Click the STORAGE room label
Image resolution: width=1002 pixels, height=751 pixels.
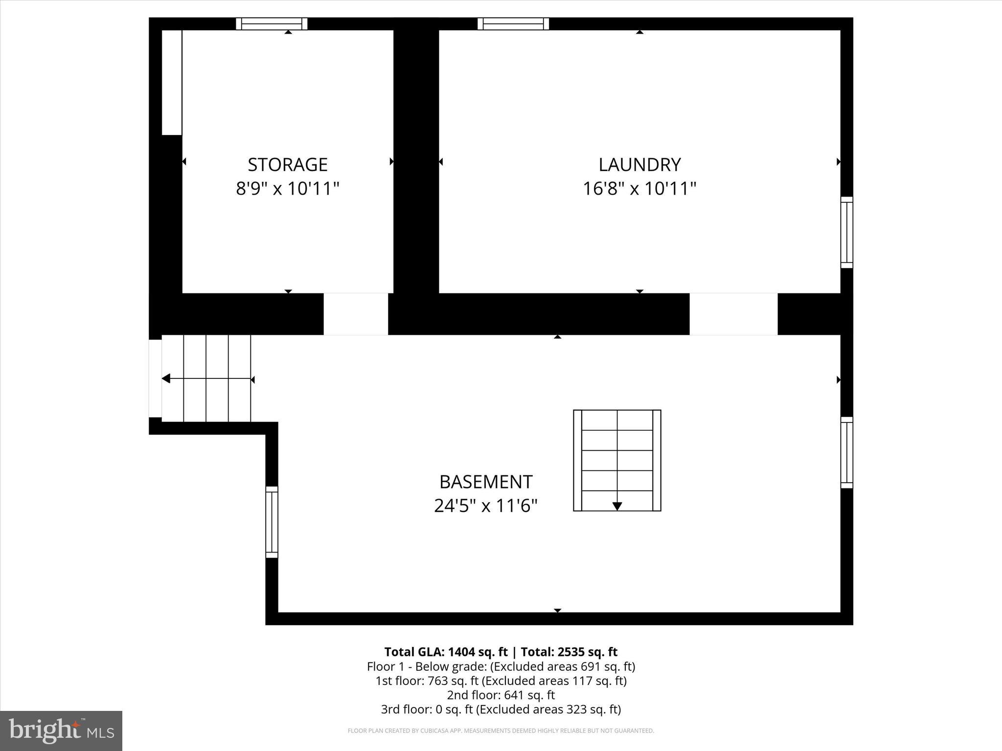click(x=287, y=165)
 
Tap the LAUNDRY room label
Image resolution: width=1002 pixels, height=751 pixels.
click(x=639, y=165)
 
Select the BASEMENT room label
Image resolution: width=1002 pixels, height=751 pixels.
click(x=485, y=482)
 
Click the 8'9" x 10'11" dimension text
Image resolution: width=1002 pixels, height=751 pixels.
click(x=287, y=188)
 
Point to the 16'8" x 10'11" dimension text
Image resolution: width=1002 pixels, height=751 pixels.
click(x=639, y=188)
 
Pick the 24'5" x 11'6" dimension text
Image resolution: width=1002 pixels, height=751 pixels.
click(x=485, y=506)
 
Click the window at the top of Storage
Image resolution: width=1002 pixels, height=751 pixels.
click(x=272, y=24)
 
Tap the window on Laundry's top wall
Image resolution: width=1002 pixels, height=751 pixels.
click(x=513, y=24)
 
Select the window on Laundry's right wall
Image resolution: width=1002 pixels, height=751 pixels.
click(x=846, y=232)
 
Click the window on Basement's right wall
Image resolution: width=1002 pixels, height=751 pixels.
click(x=846, y=452)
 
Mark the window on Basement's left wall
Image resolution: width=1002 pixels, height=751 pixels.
click(x=272, y=522)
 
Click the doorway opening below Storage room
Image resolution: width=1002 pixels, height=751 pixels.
click(x=356, y=314)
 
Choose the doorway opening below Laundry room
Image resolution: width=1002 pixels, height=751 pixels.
click(x=733, y=314)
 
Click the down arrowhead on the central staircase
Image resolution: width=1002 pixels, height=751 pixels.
click(x=617, y=506)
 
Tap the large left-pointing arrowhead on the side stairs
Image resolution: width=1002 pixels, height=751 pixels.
click(x=166, y=378)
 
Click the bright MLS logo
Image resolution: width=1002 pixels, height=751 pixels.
click(x=61, y=730)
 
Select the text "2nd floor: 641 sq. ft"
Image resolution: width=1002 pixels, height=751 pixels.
click(x=501, y=695)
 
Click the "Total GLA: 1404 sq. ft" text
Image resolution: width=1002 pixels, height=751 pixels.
click(x=446, y=652)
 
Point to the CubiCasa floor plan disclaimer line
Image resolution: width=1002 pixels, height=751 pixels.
click(x=501, y=731)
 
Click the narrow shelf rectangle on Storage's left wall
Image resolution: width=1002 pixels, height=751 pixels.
click(x=172, y=82)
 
